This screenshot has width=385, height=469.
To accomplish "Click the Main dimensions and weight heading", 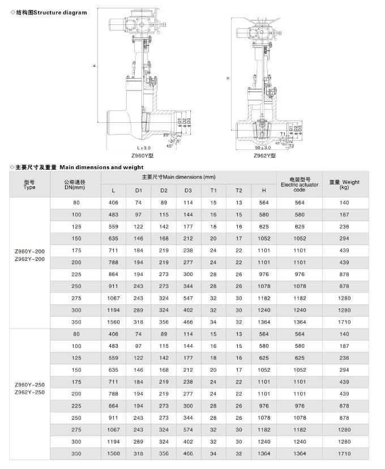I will [78, 167].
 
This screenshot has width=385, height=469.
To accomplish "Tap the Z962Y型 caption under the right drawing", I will [264, 155].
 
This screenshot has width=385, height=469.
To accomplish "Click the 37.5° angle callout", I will [168, 140].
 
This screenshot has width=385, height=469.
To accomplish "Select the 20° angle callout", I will [166, 135].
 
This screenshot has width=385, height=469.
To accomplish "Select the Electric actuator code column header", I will [300, 184].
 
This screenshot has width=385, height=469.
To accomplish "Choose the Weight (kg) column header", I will [345, 184].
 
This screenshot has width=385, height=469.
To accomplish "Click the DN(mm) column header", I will [75, 184].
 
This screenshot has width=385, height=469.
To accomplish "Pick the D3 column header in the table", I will [188, 191].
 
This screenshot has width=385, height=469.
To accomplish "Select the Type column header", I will [29, 184].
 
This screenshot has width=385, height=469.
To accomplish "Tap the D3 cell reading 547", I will [188, 298].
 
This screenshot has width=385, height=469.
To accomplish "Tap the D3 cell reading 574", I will [188, 429].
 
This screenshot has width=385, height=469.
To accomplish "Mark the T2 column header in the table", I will [238, 191].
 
